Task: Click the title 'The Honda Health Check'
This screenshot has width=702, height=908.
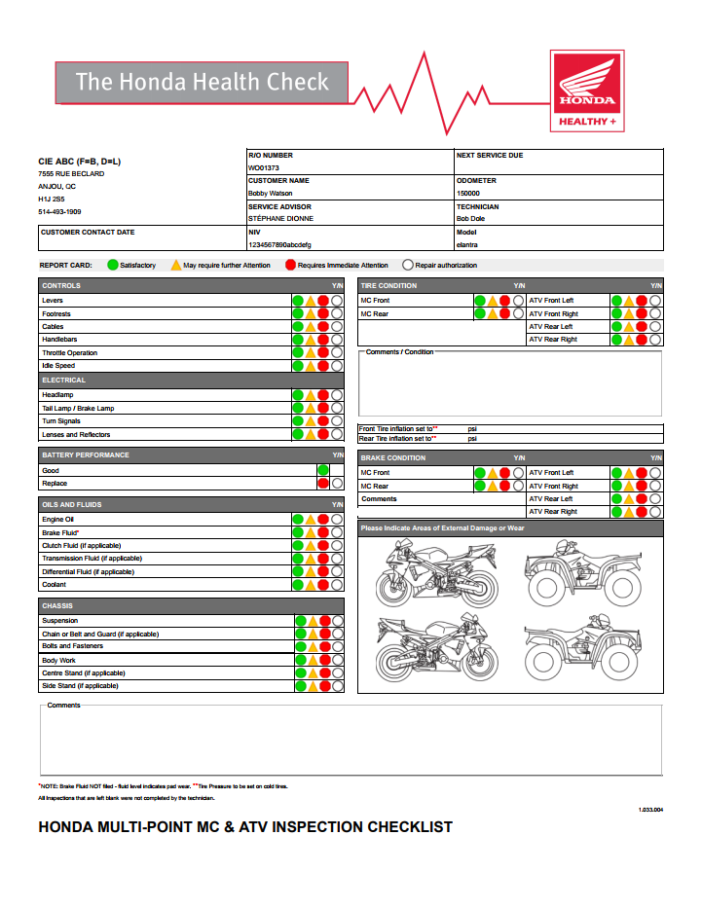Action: pos(203,82)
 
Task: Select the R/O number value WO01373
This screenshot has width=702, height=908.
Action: pos(264,167)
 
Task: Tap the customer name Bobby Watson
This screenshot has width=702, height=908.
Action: pos(270,194)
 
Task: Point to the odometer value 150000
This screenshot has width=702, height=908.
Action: pos(469,194)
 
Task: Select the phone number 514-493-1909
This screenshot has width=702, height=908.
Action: pos(59,211)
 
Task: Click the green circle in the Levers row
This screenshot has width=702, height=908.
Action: pos(299,301)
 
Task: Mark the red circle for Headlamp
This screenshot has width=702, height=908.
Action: pos(323,395)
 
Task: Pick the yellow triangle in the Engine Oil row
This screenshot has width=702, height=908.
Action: pos(312,520)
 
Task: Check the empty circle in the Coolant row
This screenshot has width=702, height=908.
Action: pos(337,585)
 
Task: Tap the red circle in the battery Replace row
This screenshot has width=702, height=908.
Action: pos(323,483)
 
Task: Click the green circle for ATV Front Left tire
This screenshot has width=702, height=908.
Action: pos(617,301)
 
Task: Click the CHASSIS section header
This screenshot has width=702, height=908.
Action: pos(57,605)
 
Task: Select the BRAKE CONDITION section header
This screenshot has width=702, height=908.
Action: pos(393,457)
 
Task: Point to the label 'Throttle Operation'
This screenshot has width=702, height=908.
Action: pos(69,353)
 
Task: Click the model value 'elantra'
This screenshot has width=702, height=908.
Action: pos(467,245)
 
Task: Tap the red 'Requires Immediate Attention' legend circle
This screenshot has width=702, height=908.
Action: pos(291,265)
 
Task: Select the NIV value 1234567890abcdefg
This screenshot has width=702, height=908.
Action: pos(279,245)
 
